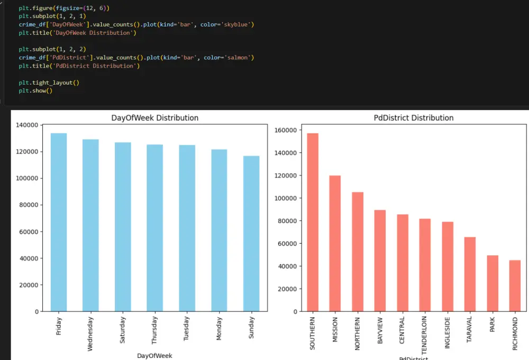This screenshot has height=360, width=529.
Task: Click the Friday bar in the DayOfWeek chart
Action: pyautogui.click(x=58, y=222)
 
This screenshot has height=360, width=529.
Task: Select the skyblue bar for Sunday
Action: pyautogui.click(x=251, y=233)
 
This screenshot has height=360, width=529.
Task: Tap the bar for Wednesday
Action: pyautogui.click(x=90, y=225)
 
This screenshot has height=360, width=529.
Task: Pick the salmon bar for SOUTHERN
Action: pyautogui.click(x=312, y=222)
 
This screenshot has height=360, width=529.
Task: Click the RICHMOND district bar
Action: pyautogui.click(x=515, y=285)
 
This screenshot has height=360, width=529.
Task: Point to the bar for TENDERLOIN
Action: pyautogui.click(x=425, y=264)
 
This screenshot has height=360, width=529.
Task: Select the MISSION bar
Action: pyautogui.click(x=335, y=243)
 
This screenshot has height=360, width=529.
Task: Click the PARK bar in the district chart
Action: pyautogui.click(x=492, y=283)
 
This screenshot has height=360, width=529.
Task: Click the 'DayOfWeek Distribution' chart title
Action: pyautogui.click(x=155, y=118)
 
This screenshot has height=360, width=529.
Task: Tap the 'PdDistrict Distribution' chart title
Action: pyautogui.click(x=414, y=118)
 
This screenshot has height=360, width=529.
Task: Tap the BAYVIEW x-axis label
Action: pyautogui.click(x=380, y=331)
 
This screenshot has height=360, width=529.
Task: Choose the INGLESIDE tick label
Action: pyautogui.click(x=448, y=334)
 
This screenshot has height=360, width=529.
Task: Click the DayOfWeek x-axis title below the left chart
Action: pyautogui.click(x=154, y=356)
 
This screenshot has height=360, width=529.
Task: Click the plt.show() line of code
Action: pyautogui.click(x=35, y=91)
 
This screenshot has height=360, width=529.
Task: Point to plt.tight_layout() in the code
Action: pyautogui.click(x=49, y=82)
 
